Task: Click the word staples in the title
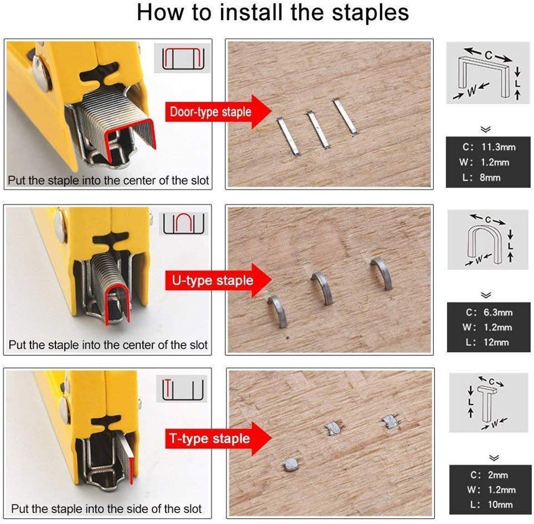[366, 13]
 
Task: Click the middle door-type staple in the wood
[318, 131]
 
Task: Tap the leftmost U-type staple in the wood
[278, 311]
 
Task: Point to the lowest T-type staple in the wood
[291, 464]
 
